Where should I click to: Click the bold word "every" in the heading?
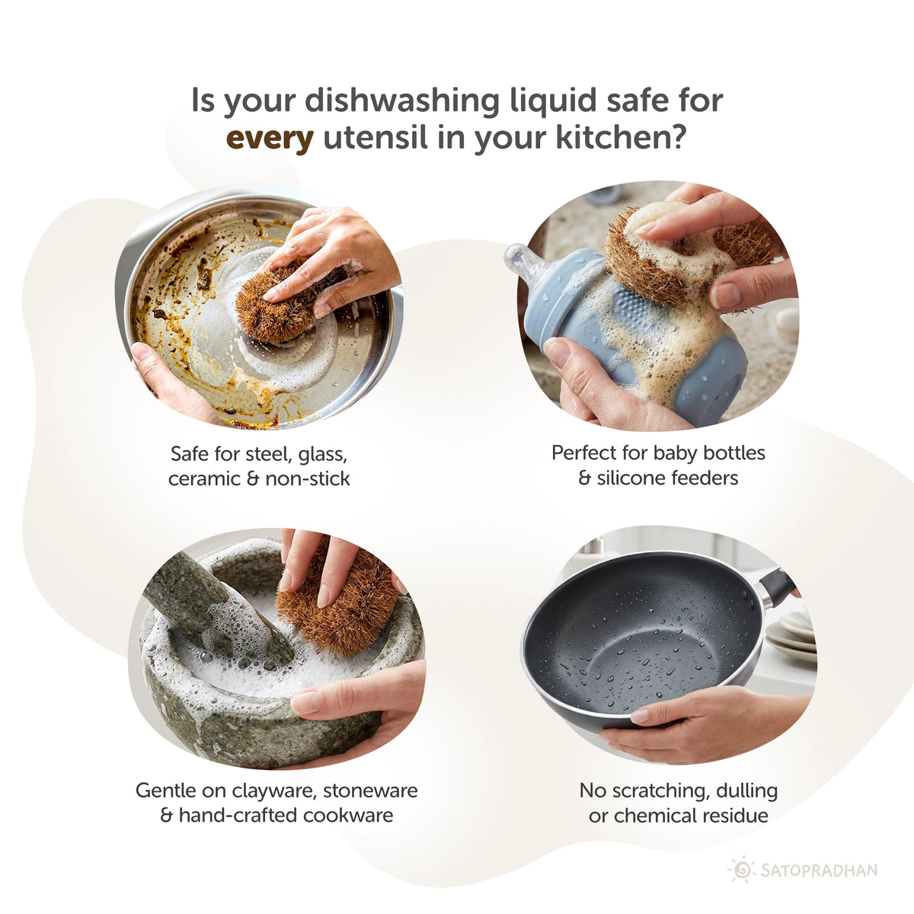[x=270, y=139]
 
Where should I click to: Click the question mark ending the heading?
[x=675, y=139]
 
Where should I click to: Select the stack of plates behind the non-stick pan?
[x=792, y=636]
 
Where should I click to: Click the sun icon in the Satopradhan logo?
[x=741, y=869]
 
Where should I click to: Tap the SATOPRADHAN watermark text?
[x=819, y=870]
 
